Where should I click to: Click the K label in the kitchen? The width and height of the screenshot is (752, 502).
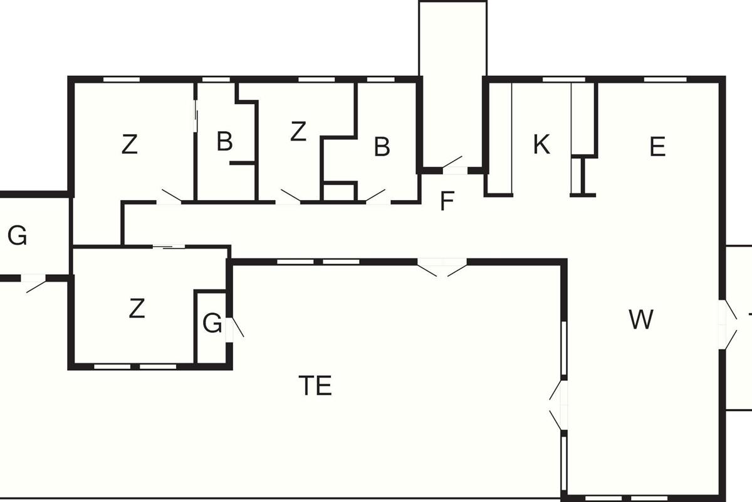(541, 145)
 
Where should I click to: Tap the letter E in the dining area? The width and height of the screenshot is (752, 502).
(657, 147)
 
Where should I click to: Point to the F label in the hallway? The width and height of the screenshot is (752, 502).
(446, 202)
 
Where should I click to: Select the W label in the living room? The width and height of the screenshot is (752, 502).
(641, 320)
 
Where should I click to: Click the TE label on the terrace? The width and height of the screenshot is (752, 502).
(315, 386)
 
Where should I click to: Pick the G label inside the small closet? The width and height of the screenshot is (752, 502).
(212, 324)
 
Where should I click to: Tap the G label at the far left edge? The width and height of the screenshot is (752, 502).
(18, 237)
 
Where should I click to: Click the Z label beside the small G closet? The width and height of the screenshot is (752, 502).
(137, 309)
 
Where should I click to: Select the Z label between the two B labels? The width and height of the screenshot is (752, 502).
(298, 132)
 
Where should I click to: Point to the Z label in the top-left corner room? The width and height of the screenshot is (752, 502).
(129, 146)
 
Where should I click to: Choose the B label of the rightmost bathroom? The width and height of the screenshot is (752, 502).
(382, 147)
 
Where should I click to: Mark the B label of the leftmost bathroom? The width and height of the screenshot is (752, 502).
(224, 142)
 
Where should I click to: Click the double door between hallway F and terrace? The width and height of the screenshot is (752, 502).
(442, 266)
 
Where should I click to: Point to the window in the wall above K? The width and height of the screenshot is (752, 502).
(563, 79)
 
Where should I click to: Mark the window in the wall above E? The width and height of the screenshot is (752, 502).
(665, 79)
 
